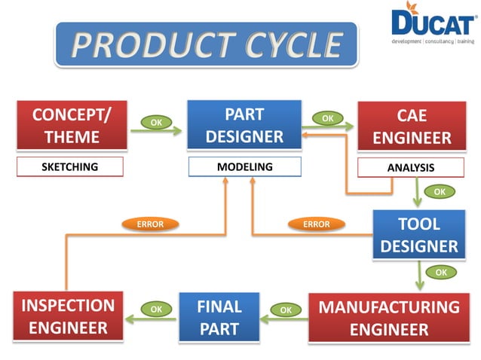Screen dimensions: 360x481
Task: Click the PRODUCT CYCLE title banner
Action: [207, 45]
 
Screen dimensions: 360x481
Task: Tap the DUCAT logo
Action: [430, 27]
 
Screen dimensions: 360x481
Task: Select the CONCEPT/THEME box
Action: [72, 126]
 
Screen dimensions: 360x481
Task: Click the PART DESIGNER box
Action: [244, 125]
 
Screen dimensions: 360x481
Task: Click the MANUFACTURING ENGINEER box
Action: [388, 318]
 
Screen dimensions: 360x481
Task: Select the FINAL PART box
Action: [219, 317]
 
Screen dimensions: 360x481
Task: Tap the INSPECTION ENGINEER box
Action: [68, 317]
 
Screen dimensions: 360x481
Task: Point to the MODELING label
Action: [244, 166]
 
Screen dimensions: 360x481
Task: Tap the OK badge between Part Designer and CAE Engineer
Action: [327, 118]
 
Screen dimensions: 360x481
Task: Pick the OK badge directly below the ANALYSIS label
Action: [439, 192]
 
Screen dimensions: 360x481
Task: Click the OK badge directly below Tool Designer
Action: [441, 271]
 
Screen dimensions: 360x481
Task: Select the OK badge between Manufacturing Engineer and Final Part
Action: [285, 309]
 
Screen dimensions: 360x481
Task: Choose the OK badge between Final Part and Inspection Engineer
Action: [156, 308]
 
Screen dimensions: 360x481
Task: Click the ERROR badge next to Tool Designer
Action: [316, 224]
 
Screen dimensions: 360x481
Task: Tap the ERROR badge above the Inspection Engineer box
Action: [149, 224]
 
